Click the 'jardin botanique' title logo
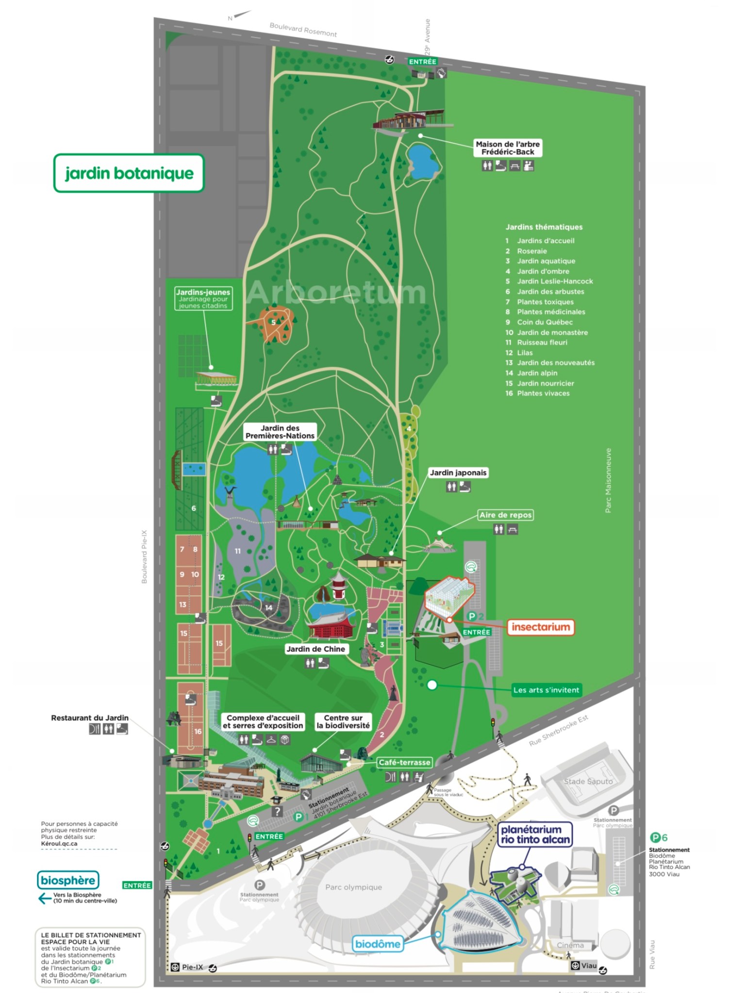[x=129, y=173]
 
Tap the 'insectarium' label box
[x=541, y=627]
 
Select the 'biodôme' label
[x=378, y=944]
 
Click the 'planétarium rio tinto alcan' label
[x=535, y=834]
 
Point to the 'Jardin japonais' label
[x=458, y=472]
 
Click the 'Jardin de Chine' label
[x=315, y=649]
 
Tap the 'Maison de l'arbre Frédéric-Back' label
[x=508, y=148]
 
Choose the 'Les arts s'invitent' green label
[x=546, y=690]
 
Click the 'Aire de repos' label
[x=505, y=515]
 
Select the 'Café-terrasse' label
[x=404, y=762]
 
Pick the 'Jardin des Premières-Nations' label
[x=280, y=432]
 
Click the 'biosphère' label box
[x=68, y=880]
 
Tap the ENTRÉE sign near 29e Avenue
[x=423, y=62]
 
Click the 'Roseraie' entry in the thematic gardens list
[x=532, y=251]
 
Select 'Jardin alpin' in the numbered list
[x=537, y=373]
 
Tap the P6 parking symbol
[x=659, y=837]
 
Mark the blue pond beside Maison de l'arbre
[x=422, y=160]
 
